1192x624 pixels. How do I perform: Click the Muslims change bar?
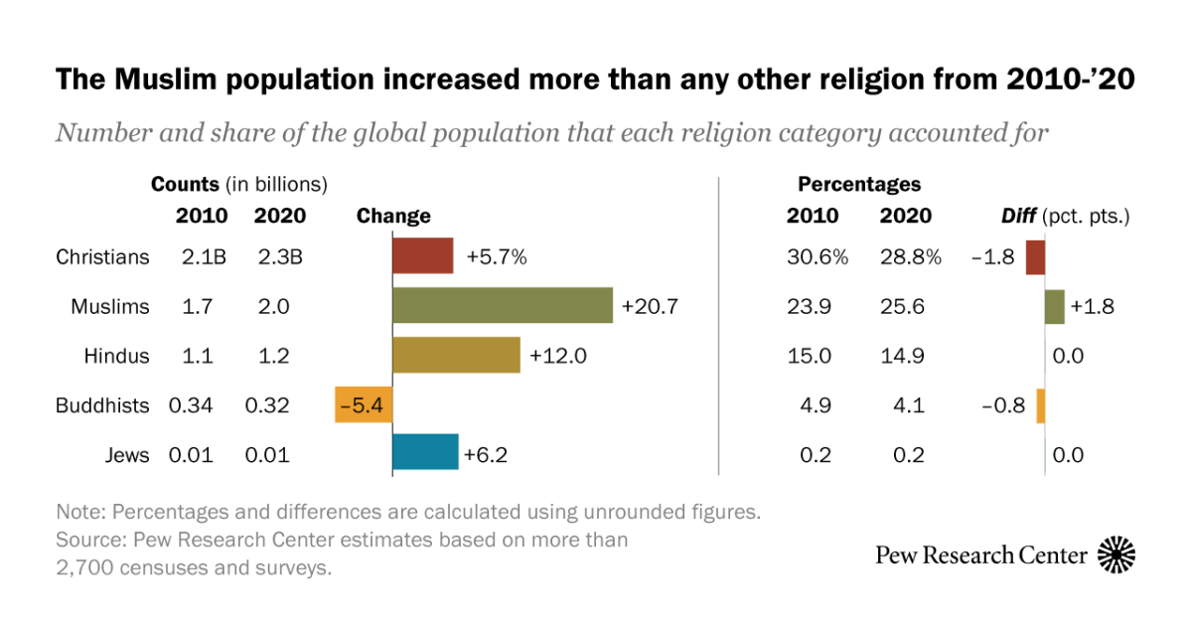(503, 306)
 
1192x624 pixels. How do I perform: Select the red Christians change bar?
(423, 256)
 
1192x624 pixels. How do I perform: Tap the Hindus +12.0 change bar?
(456, 355)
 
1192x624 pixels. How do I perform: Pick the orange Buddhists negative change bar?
(364, 405)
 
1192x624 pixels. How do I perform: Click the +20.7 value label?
(650, 307)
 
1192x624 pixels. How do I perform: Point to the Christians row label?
(102, 257)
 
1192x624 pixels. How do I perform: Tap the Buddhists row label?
(103, 405)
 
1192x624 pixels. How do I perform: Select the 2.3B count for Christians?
(277, 257)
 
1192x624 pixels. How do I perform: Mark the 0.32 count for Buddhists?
(267, 405)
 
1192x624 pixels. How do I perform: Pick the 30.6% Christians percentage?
(817, 257)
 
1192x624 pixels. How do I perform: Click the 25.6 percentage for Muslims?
(902, 307)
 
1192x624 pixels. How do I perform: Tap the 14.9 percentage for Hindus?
(902, 356)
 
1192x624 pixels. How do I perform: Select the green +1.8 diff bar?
(1055, 306)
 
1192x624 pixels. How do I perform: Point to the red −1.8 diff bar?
(1035, 256)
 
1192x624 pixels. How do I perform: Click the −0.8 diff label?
(1004, 405)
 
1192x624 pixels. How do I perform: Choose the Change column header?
(393, 216)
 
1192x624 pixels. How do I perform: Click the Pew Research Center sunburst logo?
(1117, 554)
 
